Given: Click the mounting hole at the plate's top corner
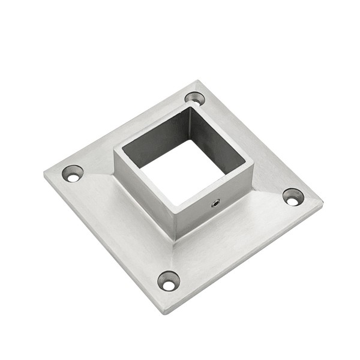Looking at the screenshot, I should (x=194, y=98).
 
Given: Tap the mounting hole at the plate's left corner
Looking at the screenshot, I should (x=73, y=174).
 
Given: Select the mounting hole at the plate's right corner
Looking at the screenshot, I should (x=293, y=197).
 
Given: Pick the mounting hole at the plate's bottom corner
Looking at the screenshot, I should (x=169, y=281).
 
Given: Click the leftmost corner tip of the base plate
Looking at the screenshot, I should (x=44, y=174).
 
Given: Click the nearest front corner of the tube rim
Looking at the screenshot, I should (x=176, y=211).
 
